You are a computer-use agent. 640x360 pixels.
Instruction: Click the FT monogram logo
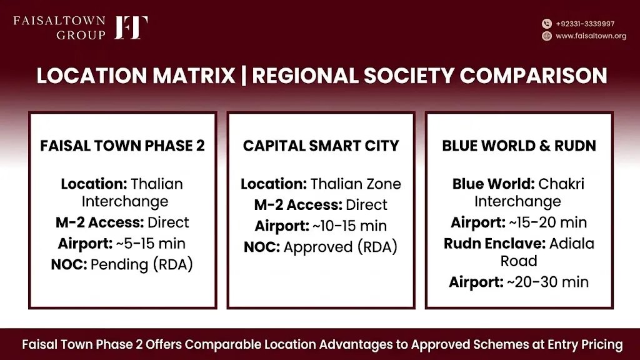pos(131,27)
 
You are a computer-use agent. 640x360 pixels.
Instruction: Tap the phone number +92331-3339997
pos(585,24)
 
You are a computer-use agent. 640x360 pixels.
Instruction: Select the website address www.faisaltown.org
pos(591,36)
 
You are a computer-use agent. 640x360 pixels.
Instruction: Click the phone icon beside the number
pos(547,24)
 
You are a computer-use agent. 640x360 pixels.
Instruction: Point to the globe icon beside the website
pos(547,36)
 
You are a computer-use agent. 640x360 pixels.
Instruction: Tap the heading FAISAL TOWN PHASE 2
pos(122,146)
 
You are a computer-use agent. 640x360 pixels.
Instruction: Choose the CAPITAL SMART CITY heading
pos(321,146)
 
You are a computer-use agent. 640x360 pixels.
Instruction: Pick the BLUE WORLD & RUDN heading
pos(519,146)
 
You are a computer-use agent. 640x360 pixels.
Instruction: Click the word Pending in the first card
pos(119,264)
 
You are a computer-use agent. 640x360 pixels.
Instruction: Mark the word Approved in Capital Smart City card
pos(318,247)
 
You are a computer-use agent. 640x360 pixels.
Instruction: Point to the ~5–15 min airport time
pos(151,244)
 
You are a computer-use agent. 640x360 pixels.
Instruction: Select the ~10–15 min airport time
pos(349,226)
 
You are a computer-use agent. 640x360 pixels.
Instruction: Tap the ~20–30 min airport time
pos(547,282)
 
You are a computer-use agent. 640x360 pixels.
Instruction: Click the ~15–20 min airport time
pos(547,222)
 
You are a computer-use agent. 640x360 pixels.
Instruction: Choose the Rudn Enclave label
pos(495,244)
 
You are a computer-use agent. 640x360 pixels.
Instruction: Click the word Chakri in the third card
pos(561,184)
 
